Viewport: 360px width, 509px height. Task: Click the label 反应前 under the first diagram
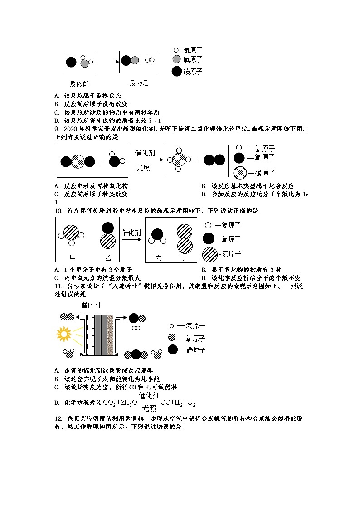pos(79,84)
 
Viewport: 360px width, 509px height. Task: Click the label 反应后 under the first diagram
pos(139,83)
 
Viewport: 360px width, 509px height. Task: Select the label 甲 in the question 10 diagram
pos(72,257)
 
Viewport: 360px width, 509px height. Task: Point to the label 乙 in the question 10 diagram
pos(107,257)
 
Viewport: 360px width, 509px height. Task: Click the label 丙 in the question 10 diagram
pos(158,257)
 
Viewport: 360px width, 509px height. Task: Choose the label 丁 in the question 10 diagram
pos(184,257)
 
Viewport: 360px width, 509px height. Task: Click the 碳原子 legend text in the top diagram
pos(193,72)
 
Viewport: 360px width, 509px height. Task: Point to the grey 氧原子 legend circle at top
pos(176,59)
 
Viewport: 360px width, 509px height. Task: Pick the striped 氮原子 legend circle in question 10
pos(210,254)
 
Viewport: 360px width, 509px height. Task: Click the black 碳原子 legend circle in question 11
pos(172,349)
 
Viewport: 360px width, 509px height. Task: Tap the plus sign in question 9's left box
pos(101,162)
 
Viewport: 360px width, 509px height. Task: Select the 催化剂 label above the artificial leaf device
pos(91,305)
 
